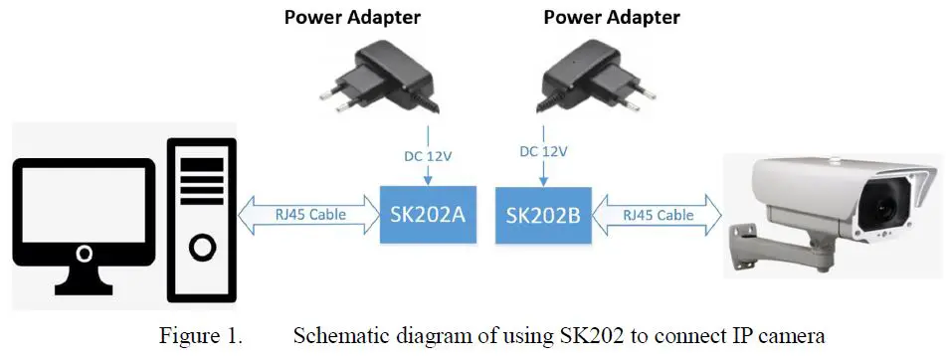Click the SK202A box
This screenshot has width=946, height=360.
tap(428, 215)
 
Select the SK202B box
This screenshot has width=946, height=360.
tap(543, 215)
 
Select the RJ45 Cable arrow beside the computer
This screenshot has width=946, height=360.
tap(309, 215)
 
